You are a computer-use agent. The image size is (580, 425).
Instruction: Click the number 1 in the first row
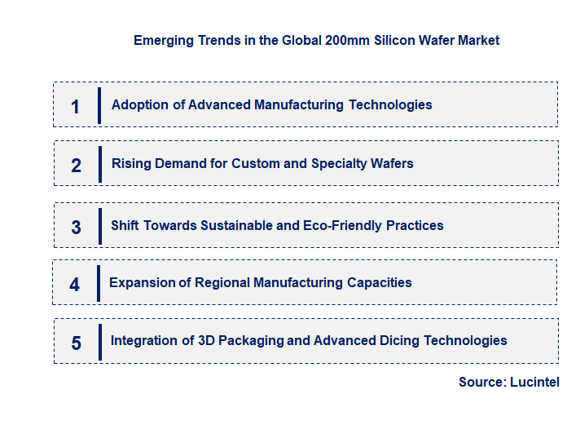tap(76, 107)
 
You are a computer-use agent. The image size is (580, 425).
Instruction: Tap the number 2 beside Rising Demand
tap(77, 166)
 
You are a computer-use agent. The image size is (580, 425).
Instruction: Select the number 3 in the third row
tap(77, 228)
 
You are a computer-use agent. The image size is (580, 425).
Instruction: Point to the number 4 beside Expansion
tap(75, 285)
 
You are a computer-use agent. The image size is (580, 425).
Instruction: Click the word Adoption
tap(140, 105)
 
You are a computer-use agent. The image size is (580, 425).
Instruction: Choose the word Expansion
tap(143, 283)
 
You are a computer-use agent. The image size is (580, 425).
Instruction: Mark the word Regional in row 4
tap(223, 283)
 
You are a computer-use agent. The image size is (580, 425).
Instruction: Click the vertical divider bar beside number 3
tap(99, 224)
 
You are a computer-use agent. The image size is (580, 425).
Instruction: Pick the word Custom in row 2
tap(255, 164)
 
